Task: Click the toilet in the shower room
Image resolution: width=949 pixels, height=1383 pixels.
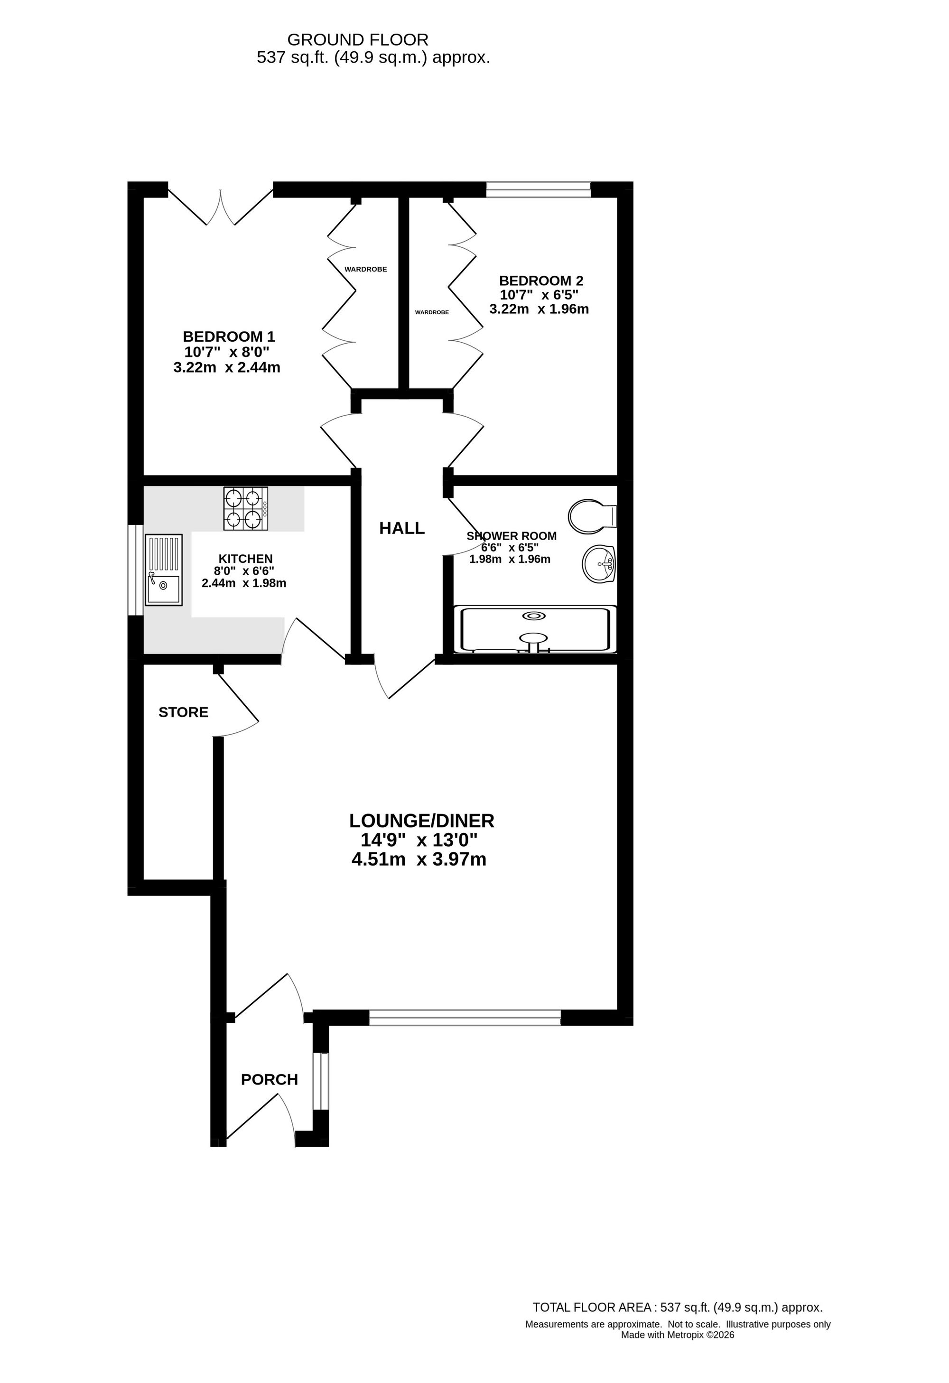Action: pos(593,516)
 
